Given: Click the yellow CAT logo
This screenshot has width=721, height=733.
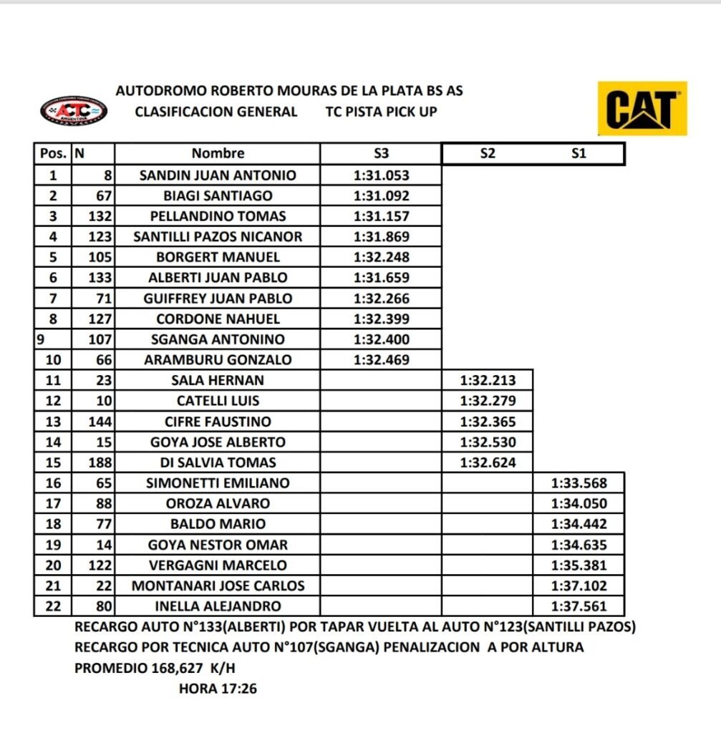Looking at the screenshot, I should [642, 109].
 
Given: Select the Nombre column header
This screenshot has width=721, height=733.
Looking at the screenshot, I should [218, 153].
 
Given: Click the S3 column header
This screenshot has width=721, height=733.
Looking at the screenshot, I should [382, 153].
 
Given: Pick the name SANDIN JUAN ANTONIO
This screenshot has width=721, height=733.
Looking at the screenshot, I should [218, 175].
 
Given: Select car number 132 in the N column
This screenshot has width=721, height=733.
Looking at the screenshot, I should [101, 216].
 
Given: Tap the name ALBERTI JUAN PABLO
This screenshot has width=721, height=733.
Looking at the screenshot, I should [218, 278].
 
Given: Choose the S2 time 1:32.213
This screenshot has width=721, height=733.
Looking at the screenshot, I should [488, 381].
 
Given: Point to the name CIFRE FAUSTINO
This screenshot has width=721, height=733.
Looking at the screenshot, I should [218, 422].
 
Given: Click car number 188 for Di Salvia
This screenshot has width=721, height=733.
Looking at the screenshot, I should [101, 462].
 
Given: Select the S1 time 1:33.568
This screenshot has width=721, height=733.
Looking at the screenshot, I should [579, 483].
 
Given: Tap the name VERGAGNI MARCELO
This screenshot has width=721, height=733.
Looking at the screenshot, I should [218, 565].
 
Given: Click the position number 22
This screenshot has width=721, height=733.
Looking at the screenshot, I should [53, 606].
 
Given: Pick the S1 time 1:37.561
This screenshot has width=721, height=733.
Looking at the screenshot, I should [579, 606].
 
